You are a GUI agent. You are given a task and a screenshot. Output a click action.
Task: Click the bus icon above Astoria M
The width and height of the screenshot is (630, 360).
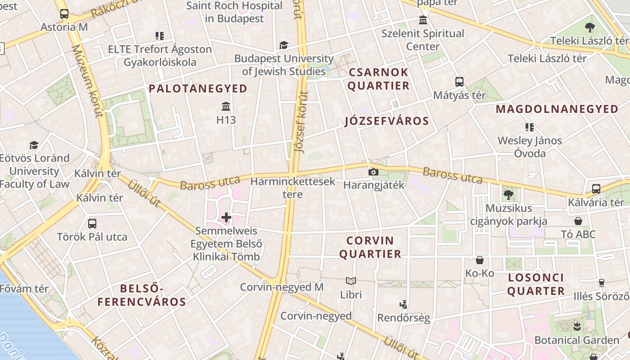tap(64, 14)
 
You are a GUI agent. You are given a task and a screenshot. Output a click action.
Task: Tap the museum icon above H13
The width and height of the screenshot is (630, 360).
tap(226, 107)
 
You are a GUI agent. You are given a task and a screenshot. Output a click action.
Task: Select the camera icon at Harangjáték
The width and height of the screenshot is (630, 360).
tap(373, 172)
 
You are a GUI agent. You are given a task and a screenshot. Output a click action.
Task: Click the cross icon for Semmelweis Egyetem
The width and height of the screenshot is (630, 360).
tap(226, 218)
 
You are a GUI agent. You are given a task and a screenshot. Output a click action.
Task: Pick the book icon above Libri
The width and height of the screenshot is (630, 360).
tap(351, 281)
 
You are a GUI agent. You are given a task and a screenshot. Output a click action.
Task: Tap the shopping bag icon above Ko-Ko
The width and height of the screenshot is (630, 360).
tap(480, 260)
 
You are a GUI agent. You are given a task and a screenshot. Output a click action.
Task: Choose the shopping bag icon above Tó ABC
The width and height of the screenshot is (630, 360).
tap(578, 221)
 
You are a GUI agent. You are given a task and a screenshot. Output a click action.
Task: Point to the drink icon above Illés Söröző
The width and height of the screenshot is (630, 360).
tap(601, 283)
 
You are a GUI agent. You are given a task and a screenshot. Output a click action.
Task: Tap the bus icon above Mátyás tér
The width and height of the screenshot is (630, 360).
tap(459, 82)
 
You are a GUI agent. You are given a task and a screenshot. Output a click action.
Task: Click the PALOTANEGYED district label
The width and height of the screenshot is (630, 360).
tap(198, 89)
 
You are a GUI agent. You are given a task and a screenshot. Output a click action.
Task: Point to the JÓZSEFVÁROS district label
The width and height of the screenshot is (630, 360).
tap(387, 121)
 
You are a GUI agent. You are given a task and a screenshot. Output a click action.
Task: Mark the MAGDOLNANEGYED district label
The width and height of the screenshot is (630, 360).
tap(557, 109)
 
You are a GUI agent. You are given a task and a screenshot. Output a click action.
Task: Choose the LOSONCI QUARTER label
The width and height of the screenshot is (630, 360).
tap(536, 284)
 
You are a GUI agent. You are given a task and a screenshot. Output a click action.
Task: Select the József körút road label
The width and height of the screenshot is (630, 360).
tap(302, 121)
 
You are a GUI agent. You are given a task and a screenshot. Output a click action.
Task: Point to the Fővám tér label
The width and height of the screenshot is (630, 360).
tap(24, 288)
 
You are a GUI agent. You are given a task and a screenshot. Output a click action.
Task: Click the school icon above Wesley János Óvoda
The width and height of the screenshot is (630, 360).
tap(530, 127)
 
